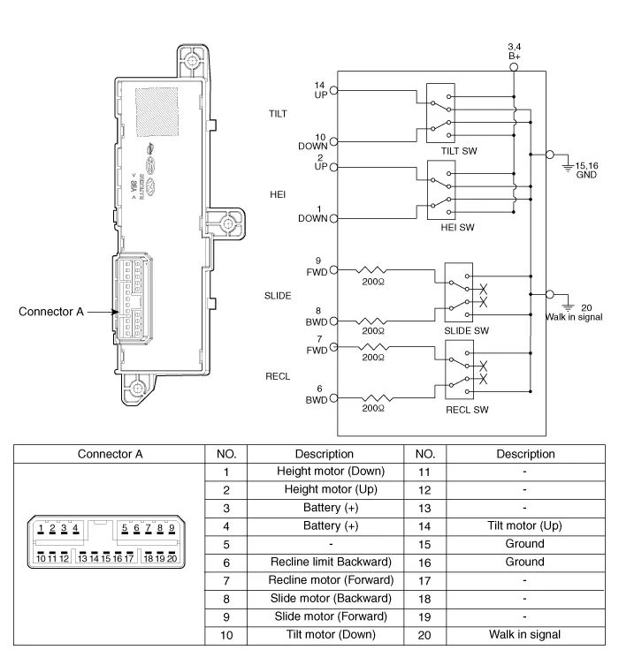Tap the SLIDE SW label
(467, 330)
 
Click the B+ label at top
(515, 55)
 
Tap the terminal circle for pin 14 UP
(334, 90)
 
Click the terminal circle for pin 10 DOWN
(334, 141)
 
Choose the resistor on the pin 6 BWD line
(373, 398)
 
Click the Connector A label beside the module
(54, 311)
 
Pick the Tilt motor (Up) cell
(524, 525)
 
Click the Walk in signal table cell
(524, 634)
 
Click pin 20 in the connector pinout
(172, 557)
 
